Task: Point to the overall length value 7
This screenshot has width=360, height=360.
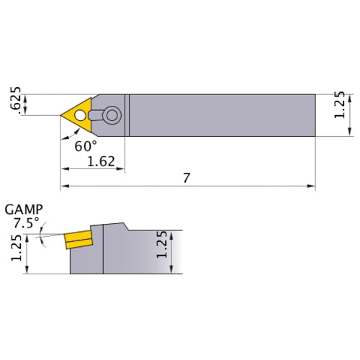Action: coord(186,178)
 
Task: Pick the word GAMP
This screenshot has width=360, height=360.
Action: coord(24,210)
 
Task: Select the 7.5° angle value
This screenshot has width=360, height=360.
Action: coord(25,222)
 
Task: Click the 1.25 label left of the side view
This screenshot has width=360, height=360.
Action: coord(16,250)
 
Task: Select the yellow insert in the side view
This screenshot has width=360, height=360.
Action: coord(78,238)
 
